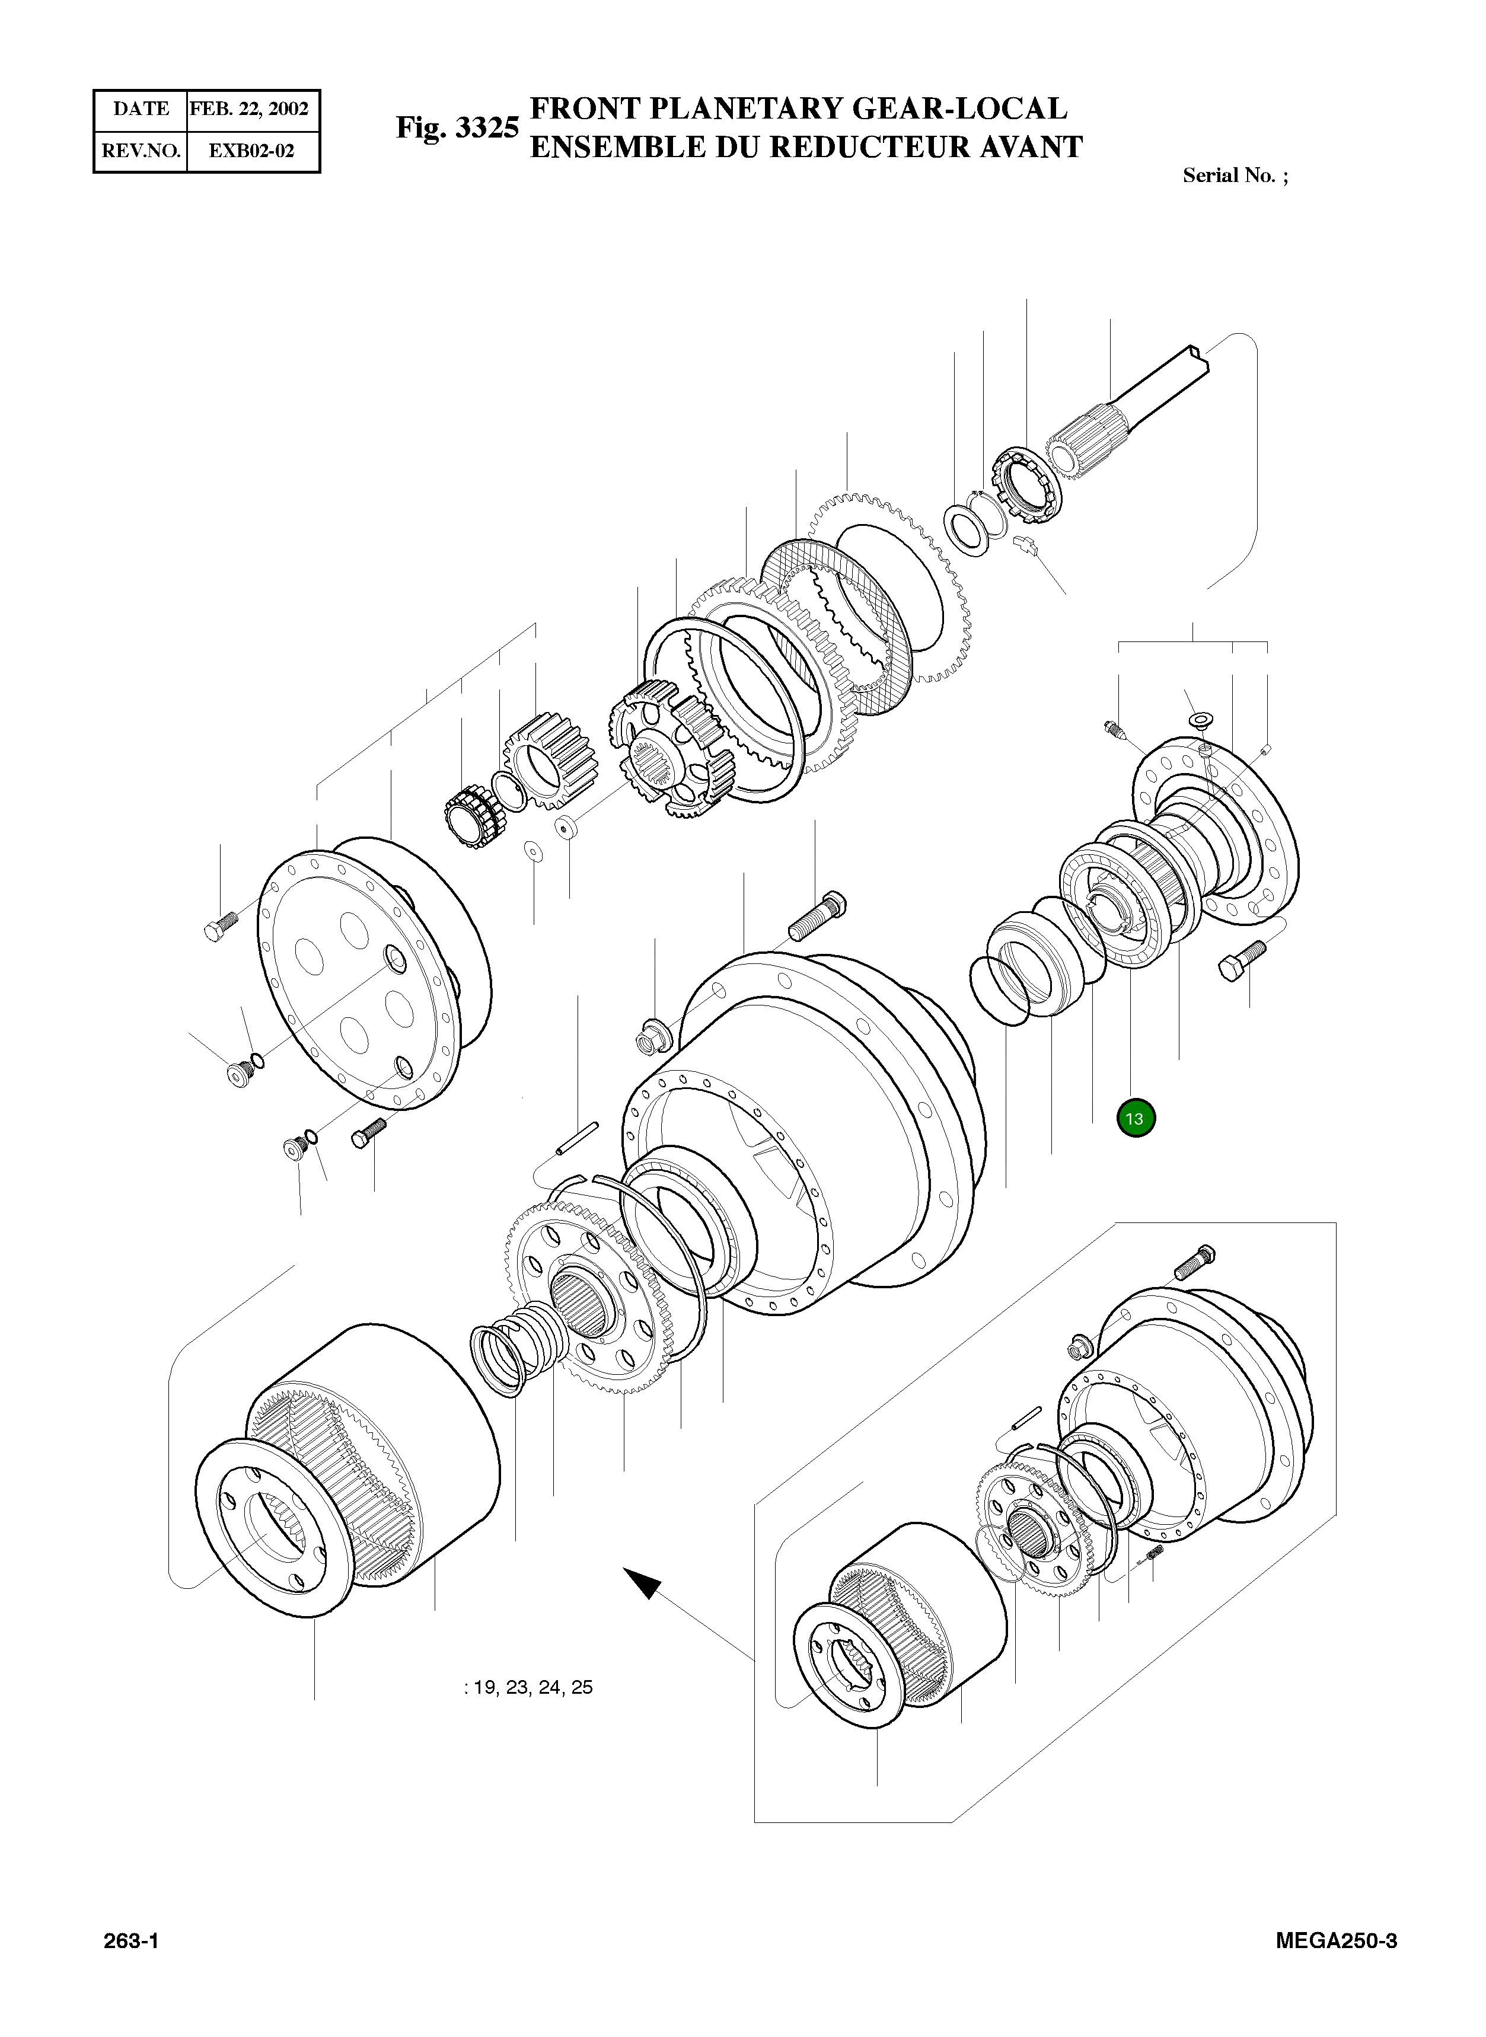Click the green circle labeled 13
click(1134, 1119)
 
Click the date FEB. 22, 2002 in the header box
click(249, 109)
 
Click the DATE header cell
click(141, 109)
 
